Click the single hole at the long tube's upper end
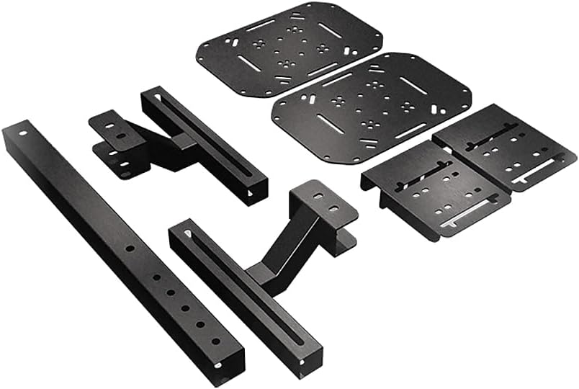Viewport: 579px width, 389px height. coord(23,133)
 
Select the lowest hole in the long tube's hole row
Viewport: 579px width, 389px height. coord(215,341)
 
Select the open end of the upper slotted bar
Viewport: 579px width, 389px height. coord(256,192)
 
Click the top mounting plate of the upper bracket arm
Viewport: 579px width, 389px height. coord(111,129)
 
